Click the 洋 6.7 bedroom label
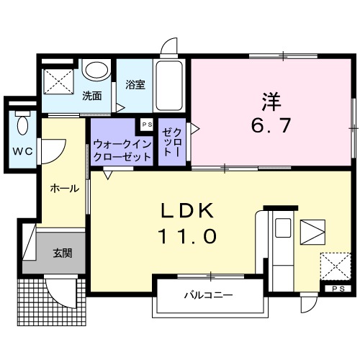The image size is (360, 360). coord(271,114)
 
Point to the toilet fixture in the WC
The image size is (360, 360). coord(22,125)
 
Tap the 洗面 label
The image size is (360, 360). coord(91,96)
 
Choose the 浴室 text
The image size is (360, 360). coord(135,84)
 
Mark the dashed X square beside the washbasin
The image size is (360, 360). coord(58,80)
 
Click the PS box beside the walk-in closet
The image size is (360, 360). coord(147,125)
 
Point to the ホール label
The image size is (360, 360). coord(63,189)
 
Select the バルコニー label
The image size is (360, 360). coord(207,295)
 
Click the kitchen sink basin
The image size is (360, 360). coord(282,229)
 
